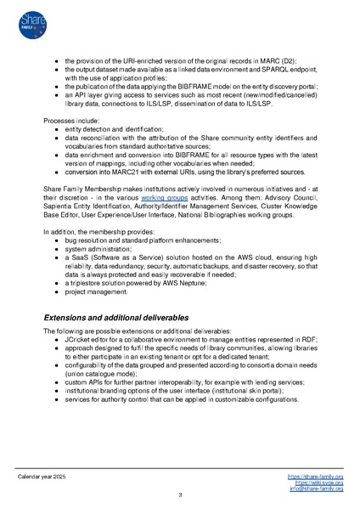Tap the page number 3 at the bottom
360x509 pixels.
click(180, 495)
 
